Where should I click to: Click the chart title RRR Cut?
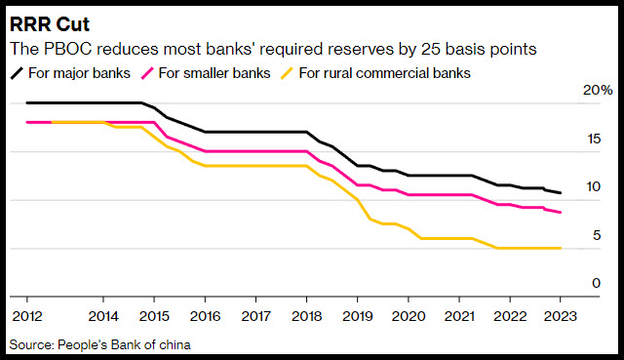50,24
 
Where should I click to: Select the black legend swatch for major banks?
18,73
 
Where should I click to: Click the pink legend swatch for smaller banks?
147,73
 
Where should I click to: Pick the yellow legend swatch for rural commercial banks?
287,73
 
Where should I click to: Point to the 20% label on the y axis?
598,90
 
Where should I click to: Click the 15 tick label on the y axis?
594,139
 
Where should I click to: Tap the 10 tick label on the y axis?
594,186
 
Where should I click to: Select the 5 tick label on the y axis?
597,235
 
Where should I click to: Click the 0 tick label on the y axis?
596,283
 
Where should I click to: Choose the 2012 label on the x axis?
27,316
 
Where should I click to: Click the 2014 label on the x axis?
103,316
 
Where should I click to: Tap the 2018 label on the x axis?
307,316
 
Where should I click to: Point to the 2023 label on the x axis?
561,316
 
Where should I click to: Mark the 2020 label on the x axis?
409,316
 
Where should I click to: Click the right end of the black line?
561,193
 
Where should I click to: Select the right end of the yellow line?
561,248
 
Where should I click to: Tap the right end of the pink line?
561,213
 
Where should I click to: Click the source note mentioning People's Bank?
99,344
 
